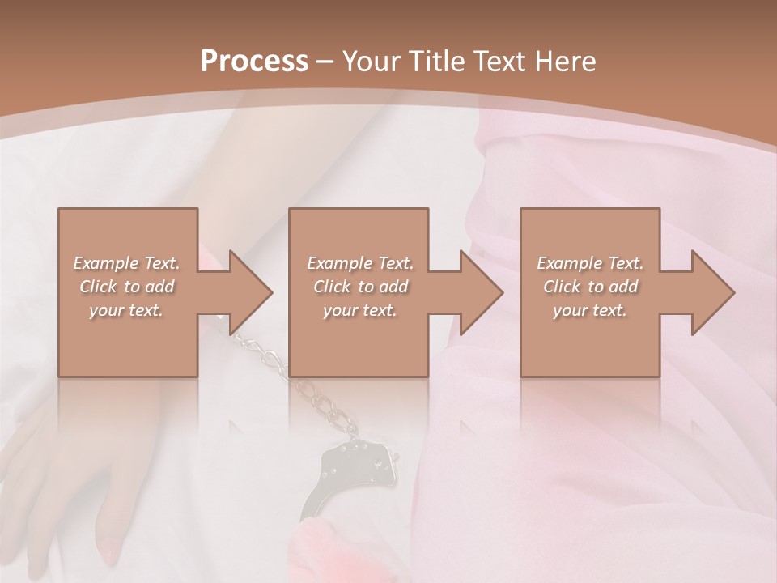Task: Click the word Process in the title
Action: (254, 62)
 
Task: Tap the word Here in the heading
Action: (566, 62)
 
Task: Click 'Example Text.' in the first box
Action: (126, 263)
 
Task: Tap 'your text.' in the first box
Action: (126, 310)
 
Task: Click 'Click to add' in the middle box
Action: (360, 287)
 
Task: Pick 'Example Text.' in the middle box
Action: (360, 263)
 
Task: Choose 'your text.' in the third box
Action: (590, 310)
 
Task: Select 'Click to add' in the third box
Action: (590, 287)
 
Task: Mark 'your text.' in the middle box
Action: (360, 310)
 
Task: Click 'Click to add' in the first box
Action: (126, 287)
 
